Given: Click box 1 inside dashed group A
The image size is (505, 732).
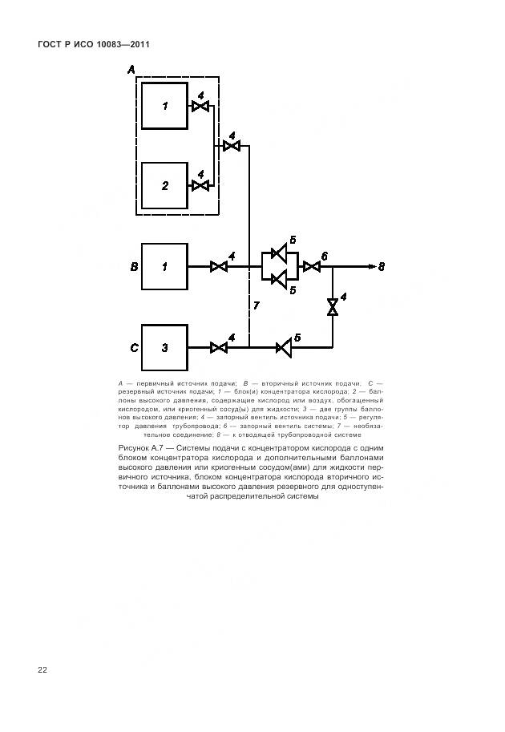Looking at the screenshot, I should (x=164, y=106).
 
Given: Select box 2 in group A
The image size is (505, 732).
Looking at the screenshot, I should (x=164, y=185).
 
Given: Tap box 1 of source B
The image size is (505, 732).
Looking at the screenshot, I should (x=164, y=266).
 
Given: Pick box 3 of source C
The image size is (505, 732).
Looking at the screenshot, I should (x=164, y=347).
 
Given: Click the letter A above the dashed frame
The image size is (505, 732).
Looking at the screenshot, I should (x=131, y=71).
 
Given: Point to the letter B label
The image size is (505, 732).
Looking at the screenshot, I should (x=135, y=266).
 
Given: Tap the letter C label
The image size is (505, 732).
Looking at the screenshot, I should (x=135, y=347).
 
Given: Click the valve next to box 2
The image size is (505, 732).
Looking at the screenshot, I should (x=200, y=185).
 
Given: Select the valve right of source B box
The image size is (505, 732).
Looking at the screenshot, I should (x=218, y=266).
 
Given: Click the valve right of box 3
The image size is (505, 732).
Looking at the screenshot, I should (x=218, y=347).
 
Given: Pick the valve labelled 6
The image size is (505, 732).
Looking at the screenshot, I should (x=312, y=266).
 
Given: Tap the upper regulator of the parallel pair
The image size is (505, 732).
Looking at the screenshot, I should (x=279, y=254).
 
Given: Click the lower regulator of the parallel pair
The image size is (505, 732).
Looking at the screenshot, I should (x=279, y=279).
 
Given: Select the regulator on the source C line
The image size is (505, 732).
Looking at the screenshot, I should (x=282, y=347).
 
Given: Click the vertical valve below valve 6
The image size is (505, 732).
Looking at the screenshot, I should (x=333, y=307).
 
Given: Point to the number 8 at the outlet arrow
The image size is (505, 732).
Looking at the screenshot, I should (x=381, y=266).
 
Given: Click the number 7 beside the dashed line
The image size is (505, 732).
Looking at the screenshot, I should (x=256, y=306).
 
